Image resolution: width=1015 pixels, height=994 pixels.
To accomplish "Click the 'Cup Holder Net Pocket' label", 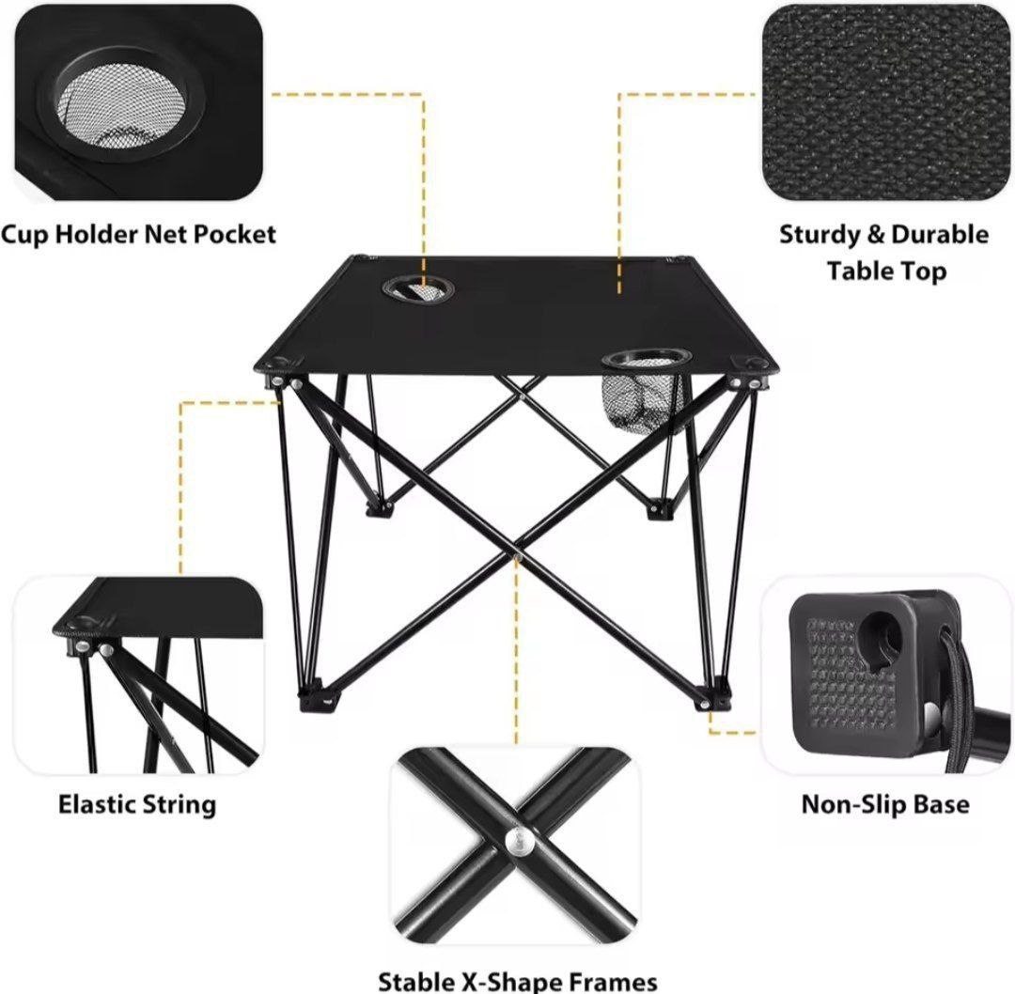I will pos(139,234).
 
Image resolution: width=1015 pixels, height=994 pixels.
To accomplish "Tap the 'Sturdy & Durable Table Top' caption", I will pos(884,252).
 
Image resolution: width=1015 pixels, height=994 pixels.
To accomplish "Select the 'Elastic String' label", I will pos(137,804).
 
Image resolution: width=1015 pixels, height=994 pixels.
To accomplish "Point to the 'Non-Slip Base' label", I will pos(885,804).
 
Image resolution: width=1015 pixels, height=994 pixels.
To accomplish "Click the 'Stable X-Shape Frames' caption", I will pos(518,981).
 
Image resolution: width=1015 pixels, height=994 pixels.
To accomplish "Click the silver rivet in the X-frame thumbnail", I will pos(518,841).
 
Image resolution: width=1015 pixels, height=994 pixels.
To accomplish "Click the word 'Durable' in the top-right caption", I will pos(939,234).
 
